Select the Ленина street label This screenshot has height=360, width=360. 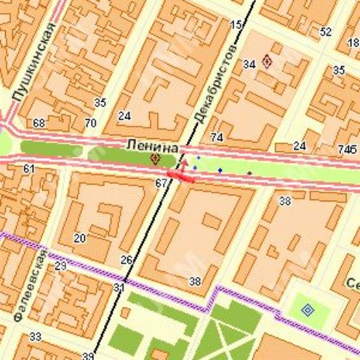point(146,143)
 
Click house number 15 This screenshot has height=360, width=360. point(235,25)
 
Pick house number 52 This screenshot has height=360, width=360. point(326,30)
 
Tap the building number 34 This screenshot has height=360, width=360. point(249,64)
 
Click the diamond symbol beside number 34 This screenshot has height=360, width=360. point(267,62)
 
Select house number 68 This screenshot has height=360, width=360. point(39,123)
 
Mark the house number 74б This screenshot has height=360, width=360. point(348,149)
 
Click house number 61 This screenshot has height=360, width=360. point(29,169)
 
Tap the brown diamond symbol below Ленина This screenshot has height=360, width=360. point(155,158)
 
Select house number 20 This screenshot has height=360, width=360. point(79,238)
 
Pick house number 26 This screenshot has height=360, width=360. point(126,260)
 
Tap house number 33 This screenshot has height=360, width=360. point(35,336)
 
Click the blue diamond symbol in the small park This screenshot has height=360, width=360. point(307,310)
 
